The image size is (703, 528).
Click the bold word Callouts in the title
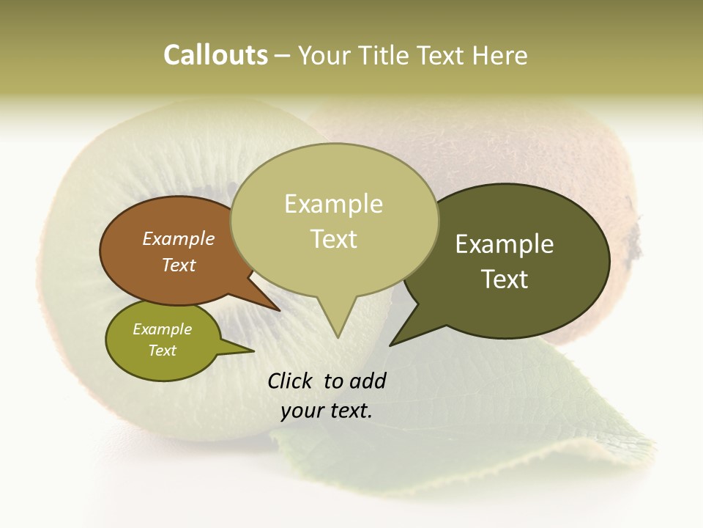(x=215, y=55)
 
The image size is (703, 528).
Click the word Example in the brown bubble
(x=179, y=238)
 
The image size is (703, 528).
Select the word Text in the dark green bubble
(x=505, y=279)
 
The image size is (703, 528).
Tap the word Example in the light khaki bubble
(x=333, y=204)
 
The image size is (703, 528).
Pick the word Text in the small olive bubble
(x=163, y=351)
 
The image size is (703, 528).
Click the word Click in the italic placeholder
(x=291, y=381)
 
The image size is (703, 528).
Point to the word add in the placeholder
(x=368, y=381)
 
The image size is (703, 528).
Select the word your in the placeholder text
(x=302, y=411)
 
